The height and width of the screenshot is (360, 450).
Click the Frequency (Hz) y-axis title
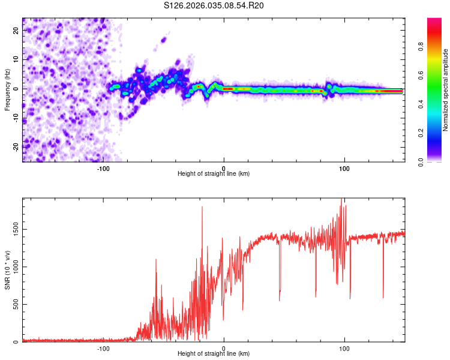click(x=7, y=89)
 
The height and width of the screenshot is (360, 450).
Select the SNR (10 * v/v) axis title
click(x=7, y=269)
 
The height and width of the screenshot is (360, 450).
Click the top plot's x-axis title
click(x=214, y=173)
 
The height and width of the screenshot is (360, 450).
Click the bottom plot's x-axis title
click(x=214, y=353)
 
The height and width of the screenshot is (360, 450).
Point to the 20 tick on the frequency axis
click(x=16, y=30)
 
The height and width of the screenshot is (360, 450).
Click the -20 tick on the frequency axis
click(x=15, y=147)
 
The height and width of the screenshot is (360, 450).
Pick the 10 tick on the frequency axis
click(x=16, y=59)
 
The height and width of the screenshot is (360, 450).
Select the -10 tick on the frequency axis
click(x=15, y=118)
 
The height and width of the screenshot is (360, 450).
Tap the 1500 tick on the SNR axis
click(x=13, y=229)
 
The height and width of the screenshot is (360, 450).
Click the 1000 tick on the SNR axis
click(x=13, y=267)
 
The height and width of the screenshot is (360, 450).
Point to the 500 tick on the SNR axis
click(x=14, y=305)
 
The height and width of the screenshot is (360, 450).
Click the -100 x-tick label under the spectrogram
click(x=103, y=167)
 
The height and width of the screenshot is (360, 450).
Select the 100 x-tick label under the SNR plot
click(x=344, y=347)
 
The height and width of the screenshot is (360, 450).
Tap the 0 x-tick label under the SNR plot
click(x=224, y=347)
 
